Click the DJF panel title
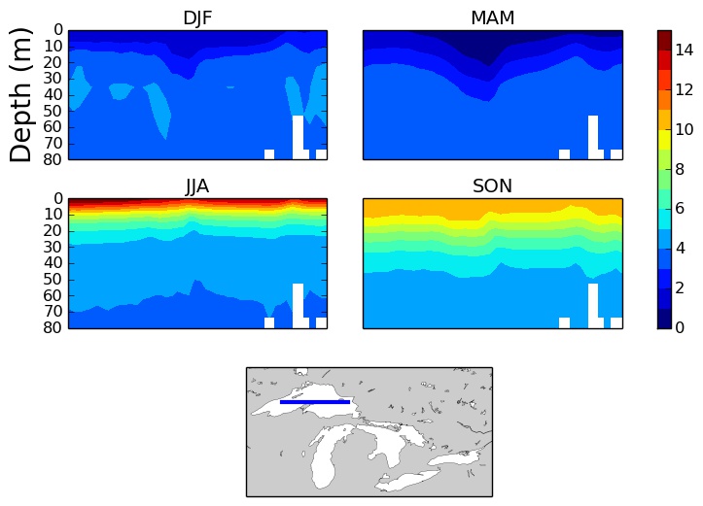pyautogui.click(x=197, y=18)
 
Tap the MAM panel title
pyautogui.click(x=492, y=18)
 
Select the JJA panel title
pyautogui.click(x=197, y=186)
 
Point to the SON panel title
pyautogui.click(x=492, y=186)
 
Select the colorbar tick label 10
pyautogui.click(x=685, y=129)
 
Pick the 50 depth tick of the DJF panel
pyautogui.click(x=54, y=111)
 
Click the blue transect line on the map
pyautogui.click(x=315, y=401)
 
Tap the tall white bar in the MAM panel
pyautogui.click(x=592, y=137)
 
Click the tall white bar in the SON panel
pyautogui.click(x=592, y=305)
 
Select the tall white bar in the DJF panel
pyautogui.click(x=298, y=137)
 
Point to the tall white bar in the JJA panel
pyautogui.click(x=298, y=305)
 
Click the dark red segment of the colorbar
pyautogui.click(x=664, y=39)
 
